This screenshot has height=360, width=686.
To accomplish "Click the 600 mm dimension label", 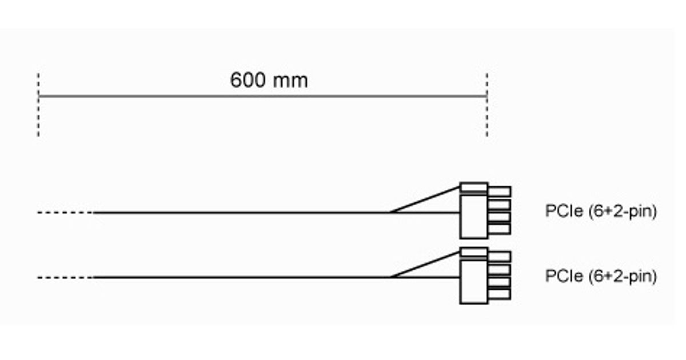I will click(x=269, y=80).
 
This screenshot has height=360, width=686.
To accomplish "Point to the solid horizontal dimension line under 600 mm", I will click(x=171, y=96).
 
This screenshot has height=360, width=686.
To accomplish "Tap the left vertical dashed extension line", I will click(x=38, y=114).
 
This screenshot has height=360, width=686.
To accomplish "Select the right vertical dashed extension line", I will click(x=487, y=114).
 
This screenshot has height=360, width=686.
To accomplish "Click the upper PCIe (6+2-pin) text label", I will click(x=601, y=211).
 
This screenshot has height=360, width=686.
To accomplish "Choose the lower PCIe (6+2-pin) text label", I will click(x=601, y=277).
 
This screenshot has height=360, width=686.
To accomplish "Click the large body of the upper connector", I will click(x=474, y=217).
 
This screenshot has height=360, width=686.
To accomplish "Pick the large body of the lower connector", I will click(x=474, y=282).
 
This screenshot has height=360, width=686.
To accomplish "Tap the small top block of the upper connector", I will click(x=474, y=187).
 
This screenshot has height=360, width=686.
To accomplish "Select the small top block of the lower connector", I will click(x=474, y=252).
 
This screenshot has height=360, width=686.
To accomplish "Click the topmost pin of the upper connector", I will click(x=500, y=191).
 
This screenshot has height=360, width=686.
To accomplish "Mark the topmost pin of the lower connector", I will click(x=500, y=257).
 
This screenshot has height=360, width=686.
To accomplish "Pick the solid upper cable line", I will click(x=240, y=213).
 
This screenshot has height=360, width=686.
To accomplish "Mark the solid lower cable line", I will click(x=240, y=278).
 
